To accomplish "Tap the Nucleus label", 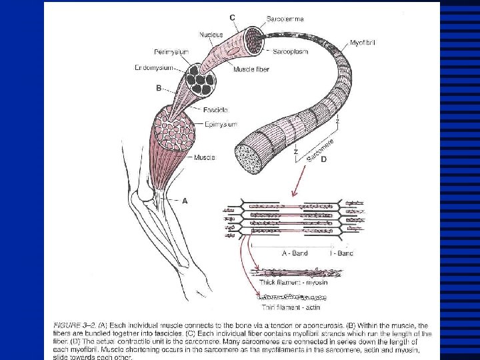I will [x=210, y=35].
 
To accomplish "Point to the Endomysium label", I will [x=172, y=67].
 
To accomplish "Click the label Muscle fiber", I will [x=251, y=69].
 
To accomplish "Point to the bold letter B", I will [x=159, y=87].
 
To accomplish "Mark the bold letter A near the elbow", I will [x=185, y=199].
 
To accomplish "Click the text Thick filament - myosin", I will [x=291, y=283].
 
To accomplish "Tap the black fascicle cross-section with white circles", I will [x=202, y=79].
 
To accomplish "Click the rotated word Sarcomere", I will [x=320, y=149].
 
